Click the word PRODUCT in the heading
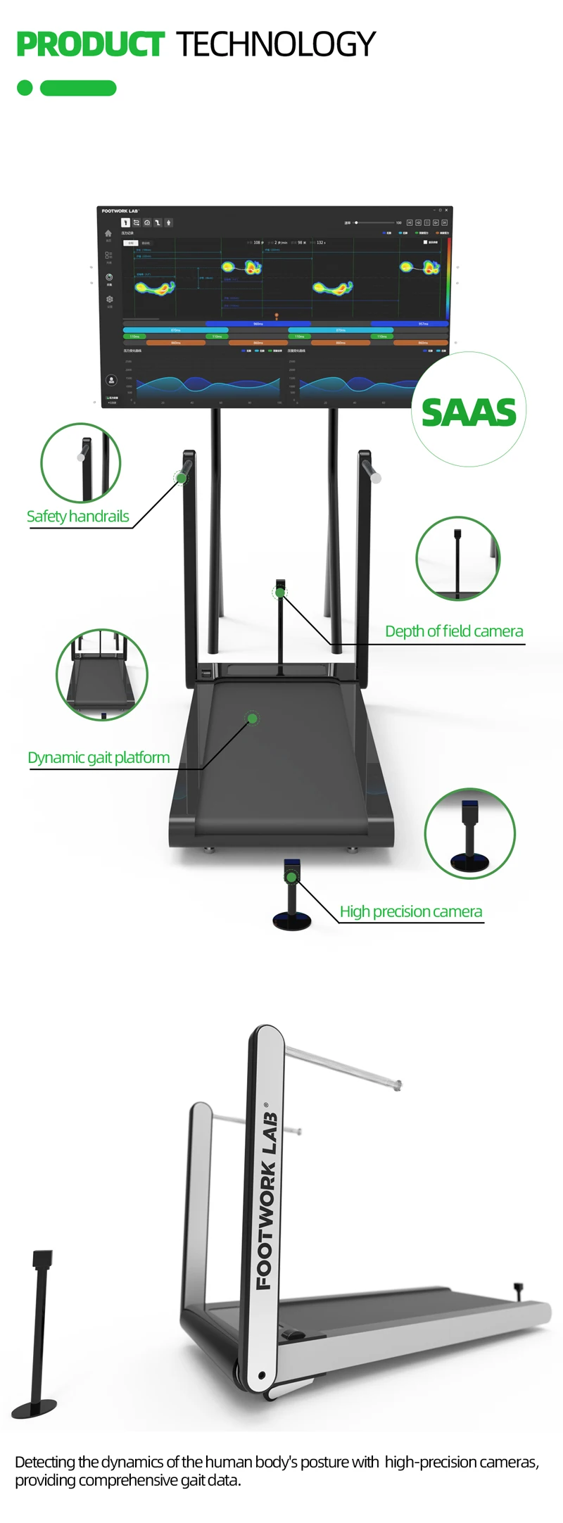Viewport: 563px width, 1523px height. point(90,44)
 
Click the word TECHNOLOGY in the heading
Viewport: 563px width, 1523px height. point(275,44)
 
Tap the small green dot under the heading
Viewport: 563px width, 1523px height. point(25,88)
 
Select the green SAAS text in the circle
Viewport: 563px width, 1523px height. point(469,412)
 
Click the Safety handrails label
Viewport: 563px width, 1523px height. point(78,517)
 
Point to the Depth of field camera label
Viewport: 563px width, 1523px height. point(454,631)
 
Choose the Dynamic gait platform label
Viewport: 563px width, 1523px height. point(99,758)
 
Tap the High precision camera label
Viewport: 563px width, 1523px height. point(411,912)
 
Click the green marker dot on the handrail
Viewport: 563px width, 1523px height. point(182,479)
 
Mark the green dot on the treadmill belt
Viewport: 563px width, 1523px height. point(252,719)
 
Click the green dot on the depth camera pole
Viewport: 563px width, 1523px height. point(280,593)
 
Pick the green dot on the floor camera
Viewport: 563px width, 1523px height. point(291,877)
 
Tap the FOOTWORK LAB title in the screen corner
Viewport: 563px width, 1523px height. point(120,211)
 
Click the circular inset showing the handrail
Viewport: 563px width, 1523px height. point(81,463)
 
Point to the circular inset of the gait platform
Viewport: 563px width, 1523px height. point(102,675)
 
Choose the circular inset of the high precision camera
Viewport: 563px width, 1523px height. point(470,833)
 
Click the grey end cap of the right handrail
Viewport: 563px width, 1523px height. point(376,478)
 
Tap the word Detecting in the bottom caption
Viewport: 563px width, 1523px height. point(45,1462)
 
